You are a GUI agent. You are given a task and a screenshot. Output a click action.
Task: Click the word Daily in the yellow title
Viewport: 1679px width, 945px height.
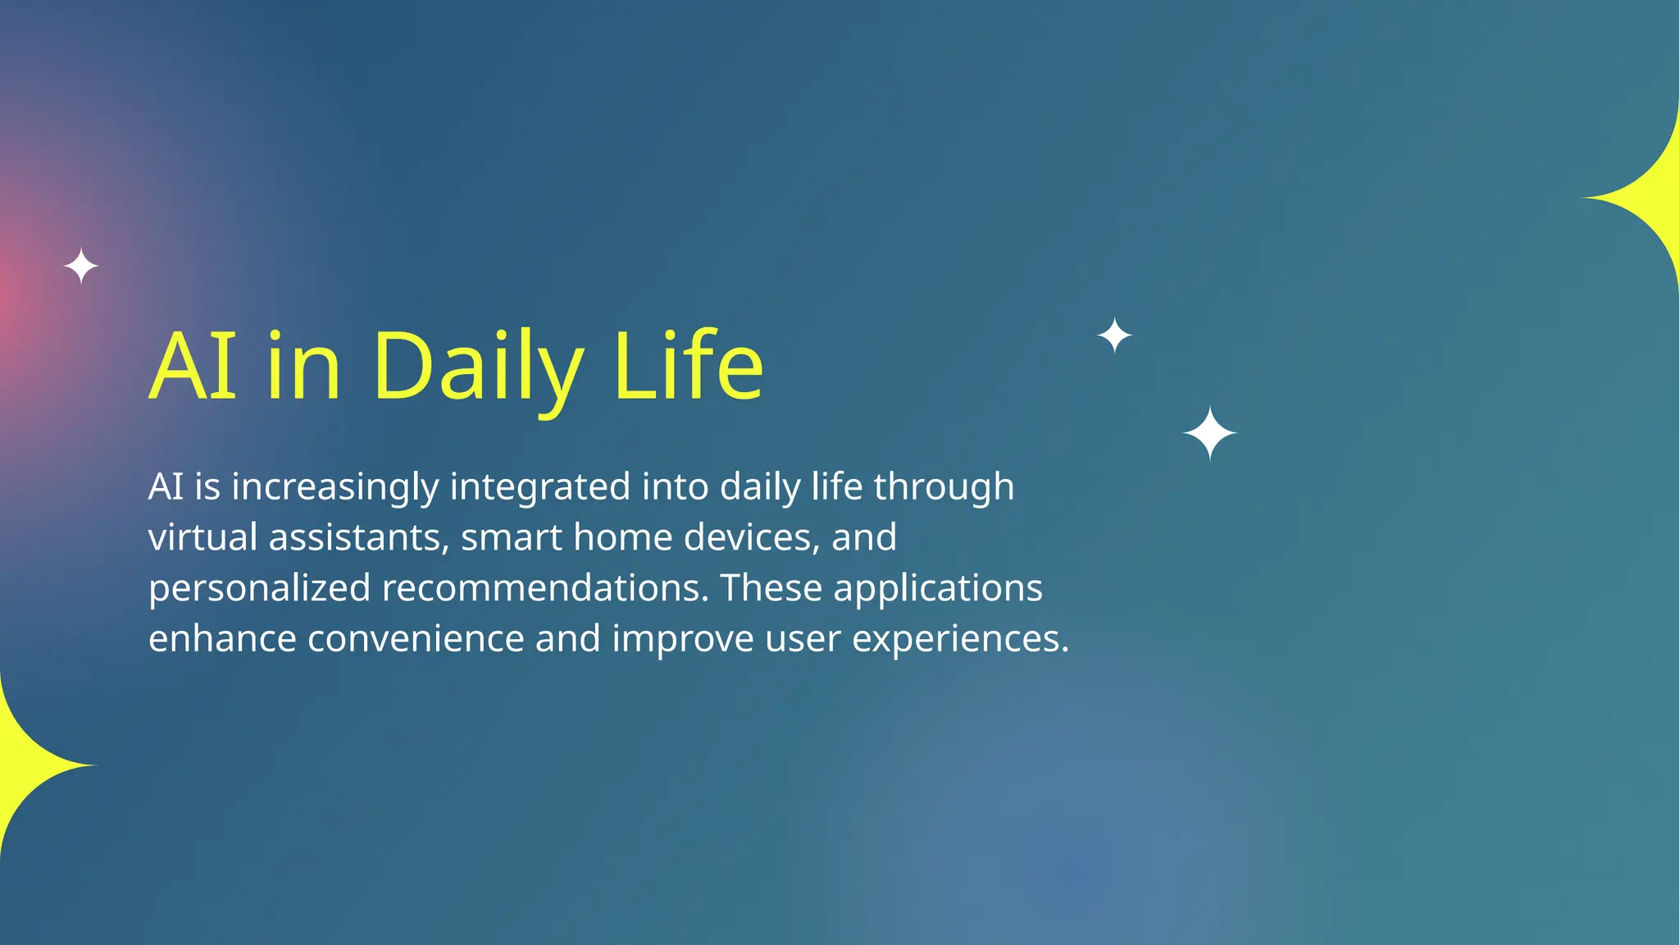[x=478, y=366]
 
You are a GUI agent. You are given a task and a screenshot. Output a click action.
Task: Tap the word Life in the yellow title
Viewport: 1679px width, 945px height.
[x=688, y=366]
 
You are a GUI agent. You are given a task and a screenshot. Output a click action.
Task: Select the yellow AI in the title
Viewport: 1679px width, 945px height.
[x=193, y=366]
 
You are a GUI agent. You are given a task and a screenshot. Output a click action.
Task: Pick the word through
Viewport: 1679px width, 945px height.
[x=944, y=487]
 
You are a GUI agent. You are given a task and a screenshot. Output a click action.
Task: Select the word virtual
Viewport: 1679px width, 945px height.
[x=202, y=537]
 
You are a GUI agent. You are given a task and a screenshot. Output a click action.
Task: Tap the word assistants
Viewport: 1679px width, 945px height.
[x=358, y=537]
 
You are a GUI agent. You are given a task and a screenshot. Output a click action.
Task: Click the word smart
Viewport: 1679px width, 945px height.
[x=512, y=537]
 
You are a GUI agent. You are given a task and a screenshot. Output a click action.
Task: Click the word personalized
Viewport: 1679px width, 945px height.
[x=259, y=589]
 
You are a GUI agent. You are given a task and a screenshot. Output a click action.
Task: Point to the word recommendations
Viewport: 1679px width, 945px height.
[x=544, y=588]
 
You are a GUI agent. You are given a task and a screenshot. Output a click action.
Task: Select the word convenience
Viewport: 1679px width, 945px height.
[x=416, y=639]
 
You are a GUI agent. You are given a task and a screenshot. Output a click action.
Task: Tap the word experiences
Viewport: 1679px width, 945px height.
[x=960, y=640]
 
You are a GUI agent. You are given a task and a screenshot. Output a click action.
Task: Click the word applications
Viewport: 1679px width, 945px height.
[x=938, y=589]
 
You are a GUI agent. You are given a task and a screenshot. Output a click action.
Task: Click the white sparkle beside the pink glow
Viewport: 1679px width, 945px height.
[x=81, y=267]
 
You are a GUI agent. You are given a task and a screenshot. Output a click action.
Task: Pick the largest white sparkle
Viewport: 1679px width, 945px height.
[x=1209, y=433]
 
